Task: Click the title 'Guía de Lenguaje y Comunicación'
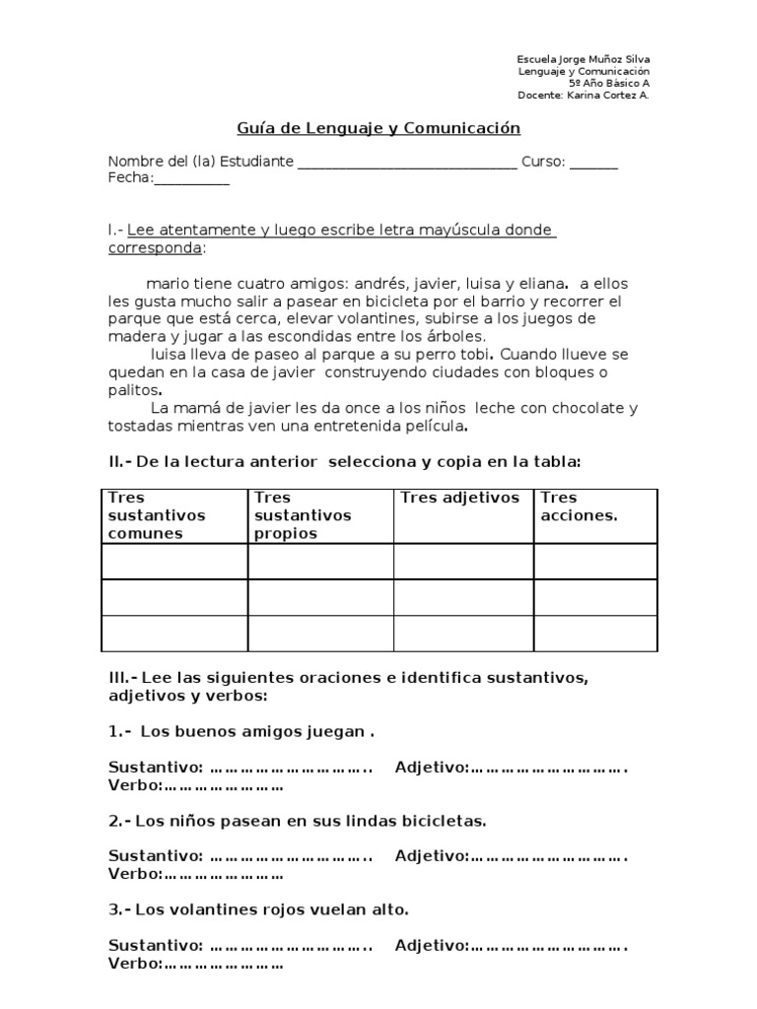[x=378, y=128]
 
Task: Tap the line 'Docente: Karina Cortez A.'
[x=584, y=96]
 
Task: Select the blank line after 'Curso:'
[x=594, y=163]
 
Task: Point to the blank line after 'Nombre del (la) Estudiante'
[x=406, y=163]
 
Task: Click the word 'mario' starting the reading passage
[x=151, y=283]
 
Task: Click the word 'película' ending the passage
[x=429, y=426]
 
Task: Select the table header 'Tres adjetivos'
[x=460, y=498]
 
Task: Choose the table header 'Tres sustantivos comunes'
[x=145, y=515]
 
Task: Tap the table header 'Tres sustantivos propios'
[x=290, y=515]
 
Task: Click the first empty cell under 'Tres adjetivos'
[x=463, y=562]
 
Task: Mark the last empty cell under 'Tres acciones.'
[x=595, y=634]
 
